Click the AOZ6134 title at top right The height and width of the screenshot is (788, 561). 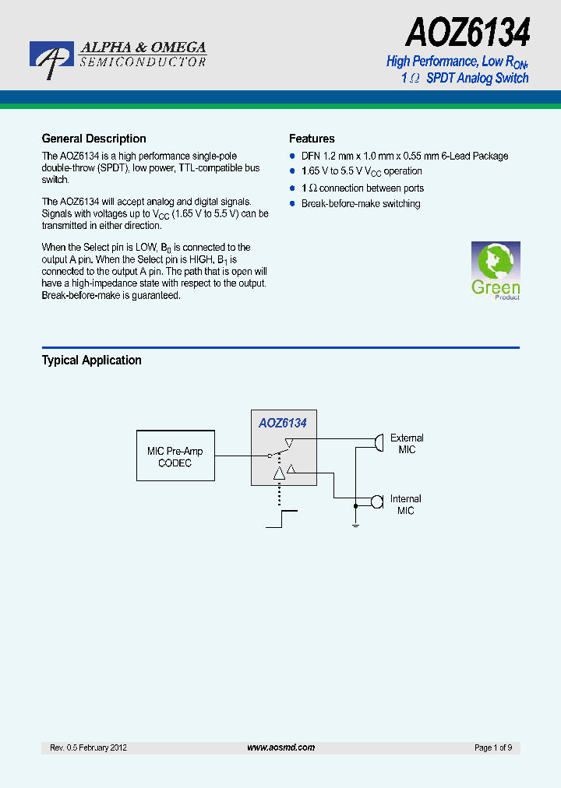click(x=467, y=33)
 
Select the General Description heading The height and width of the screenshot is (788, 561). click(x=93, y=139)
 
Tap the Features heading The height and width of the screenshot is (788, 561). click(x=312, y=139)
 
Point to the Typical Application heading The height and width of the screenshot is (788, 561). click(x=91, y=361)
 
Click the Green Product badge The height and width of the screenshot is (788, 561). click(x=495, y=271)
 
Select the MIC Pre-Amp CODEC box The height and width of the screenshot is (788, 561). click(x=175, y=457)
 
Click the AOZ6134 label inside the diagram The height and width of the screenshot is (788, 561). click(x=283, y=423)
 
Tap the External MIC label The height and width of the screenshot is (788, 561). click(x=407, y=444)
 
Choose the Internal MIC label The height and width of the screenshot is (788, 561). click(x=405, y=505)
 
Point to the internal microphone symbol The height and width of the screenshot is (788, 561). click(x=377, y=501)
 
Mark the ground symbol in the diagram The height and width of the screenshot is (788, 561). click(x=355, y=526)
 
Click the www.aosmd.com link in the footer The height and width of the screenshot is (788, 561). click(x=280, y=748)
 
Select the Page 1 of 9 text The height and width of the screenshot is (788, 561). click(x=493, y=748)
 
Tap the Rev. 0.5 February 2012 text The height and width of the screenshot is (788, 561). click(x=88, y=748)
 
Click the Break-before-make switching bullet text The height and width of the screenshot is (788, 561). click(x=361, y=204)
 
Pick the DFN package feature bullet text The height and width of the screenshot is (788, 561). click(x=404, y=156)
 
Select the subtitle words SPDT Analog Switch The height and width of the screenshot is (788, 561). click(x=477, y=78)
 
